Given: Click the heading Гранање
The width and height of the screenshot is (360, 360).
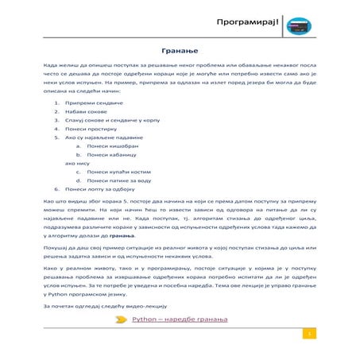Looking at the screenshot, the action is pyautogui.click(x=180, y=49).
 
